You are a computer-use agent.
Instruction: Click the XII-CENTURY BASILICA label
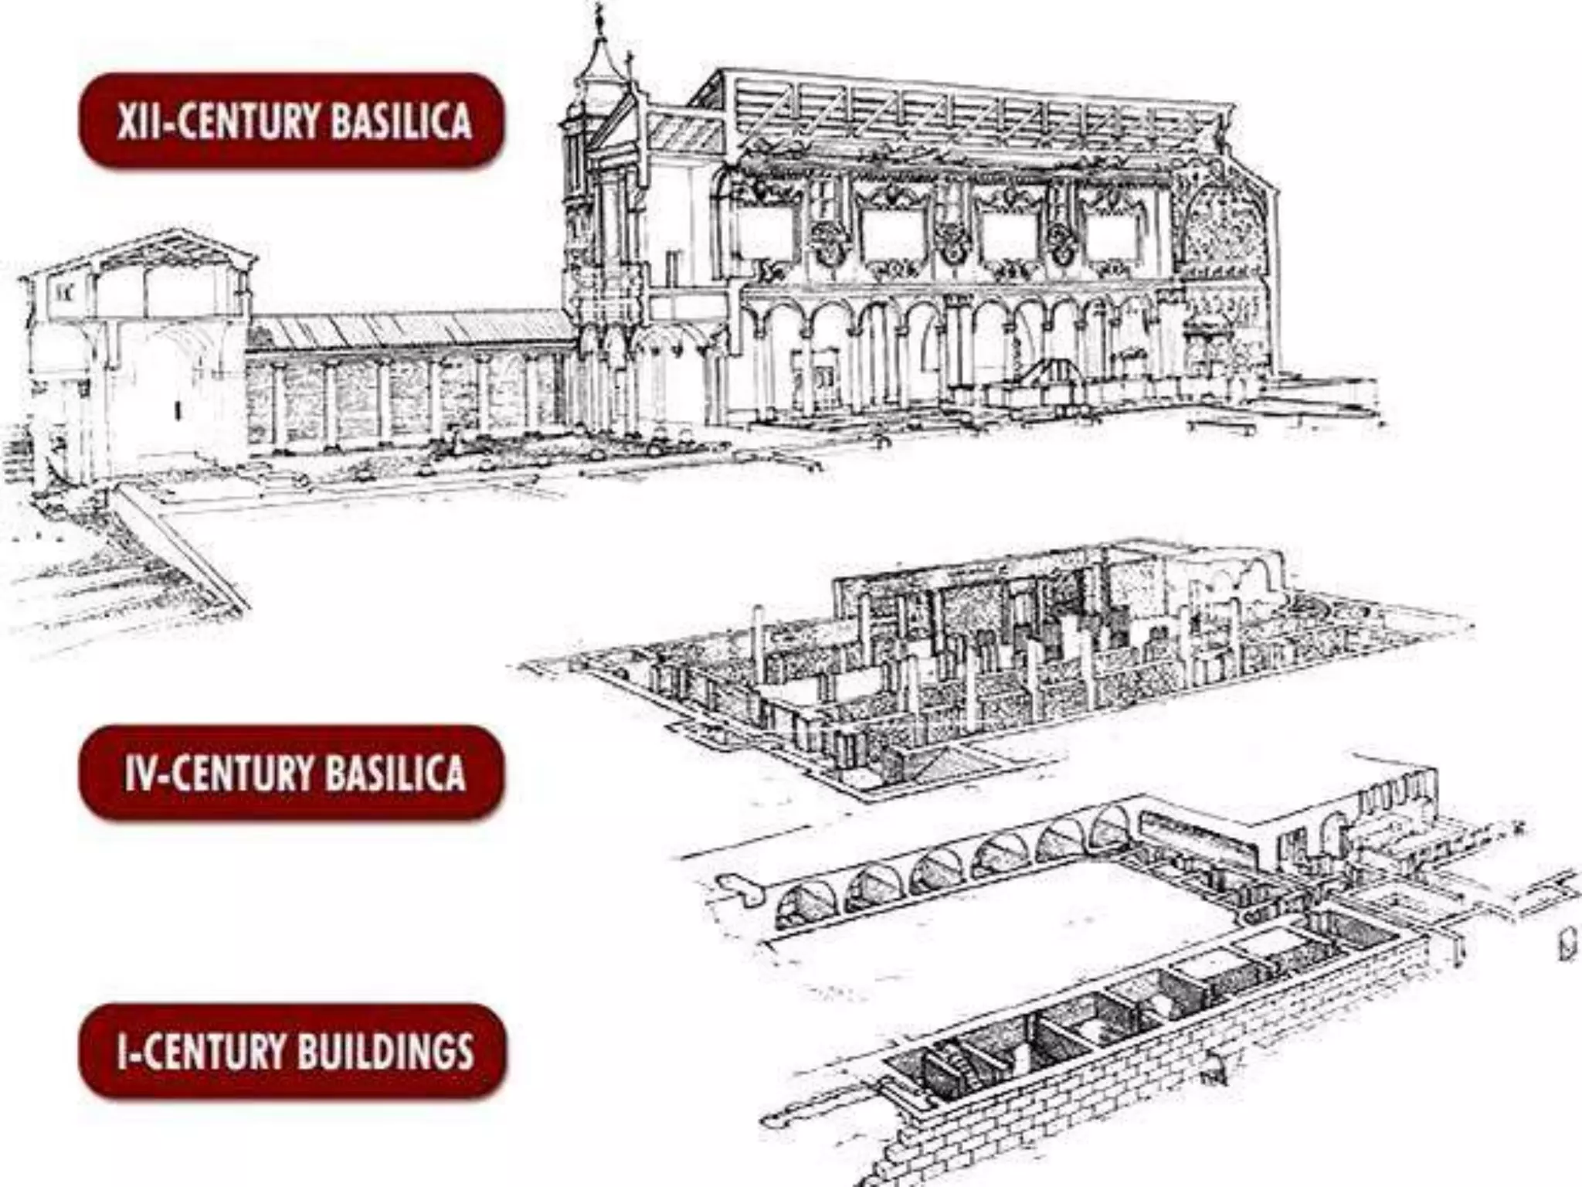(x=291, y=121)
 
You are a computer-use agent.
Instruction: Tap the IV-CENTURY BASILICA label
(x=291, y=772)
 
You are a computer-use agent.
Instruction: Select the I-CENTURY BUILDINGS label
(x=293, y=1051)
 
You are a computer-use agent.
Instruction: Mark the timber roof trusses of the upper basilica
(x=958, y=116)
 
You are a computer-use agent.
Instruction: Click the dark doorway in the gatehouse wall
(x=178, y=410)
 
